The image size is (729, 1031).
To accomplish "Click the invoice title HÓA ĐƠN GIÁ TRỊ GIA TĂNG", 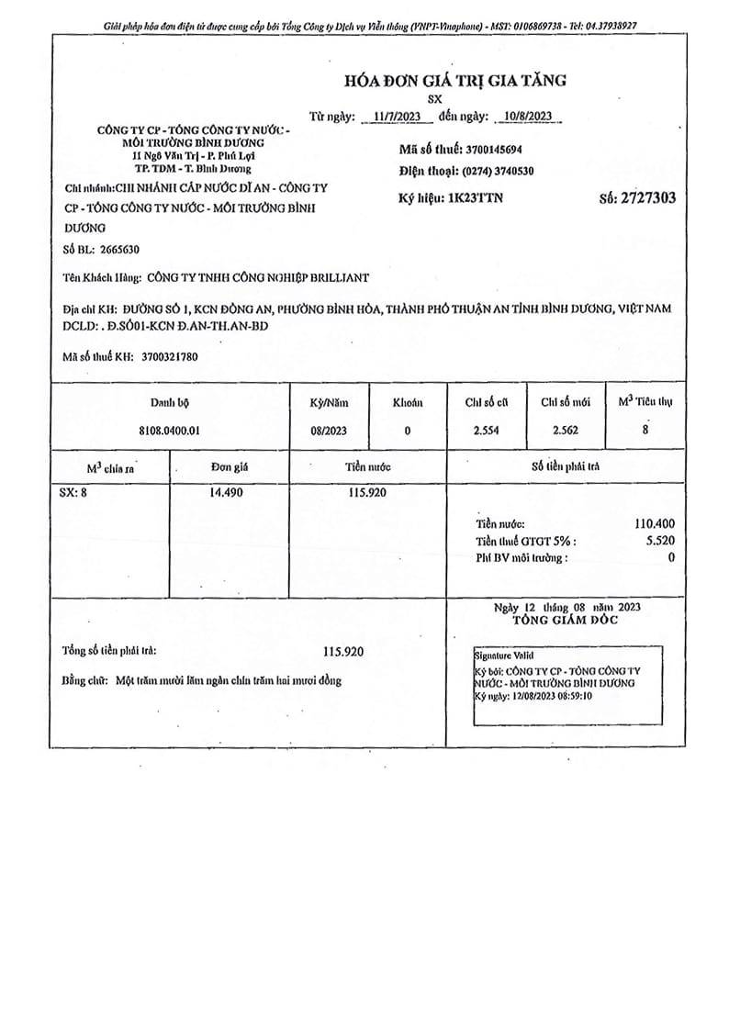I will click(x=454, y=81).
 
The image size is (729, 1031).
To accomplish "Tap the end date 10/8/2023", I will click(x=521, y=117).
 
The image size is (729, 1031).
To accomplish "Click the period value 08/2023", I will click(x=330, y=430).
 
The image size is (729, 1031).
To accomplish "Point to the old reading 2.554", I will click(x=486, y=430).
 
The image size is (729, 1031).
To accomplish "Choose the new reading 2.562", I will click(x=566, y=430).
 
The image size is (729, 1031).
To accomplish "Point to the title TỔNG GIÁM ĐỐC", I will click(x=566, y=621).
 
